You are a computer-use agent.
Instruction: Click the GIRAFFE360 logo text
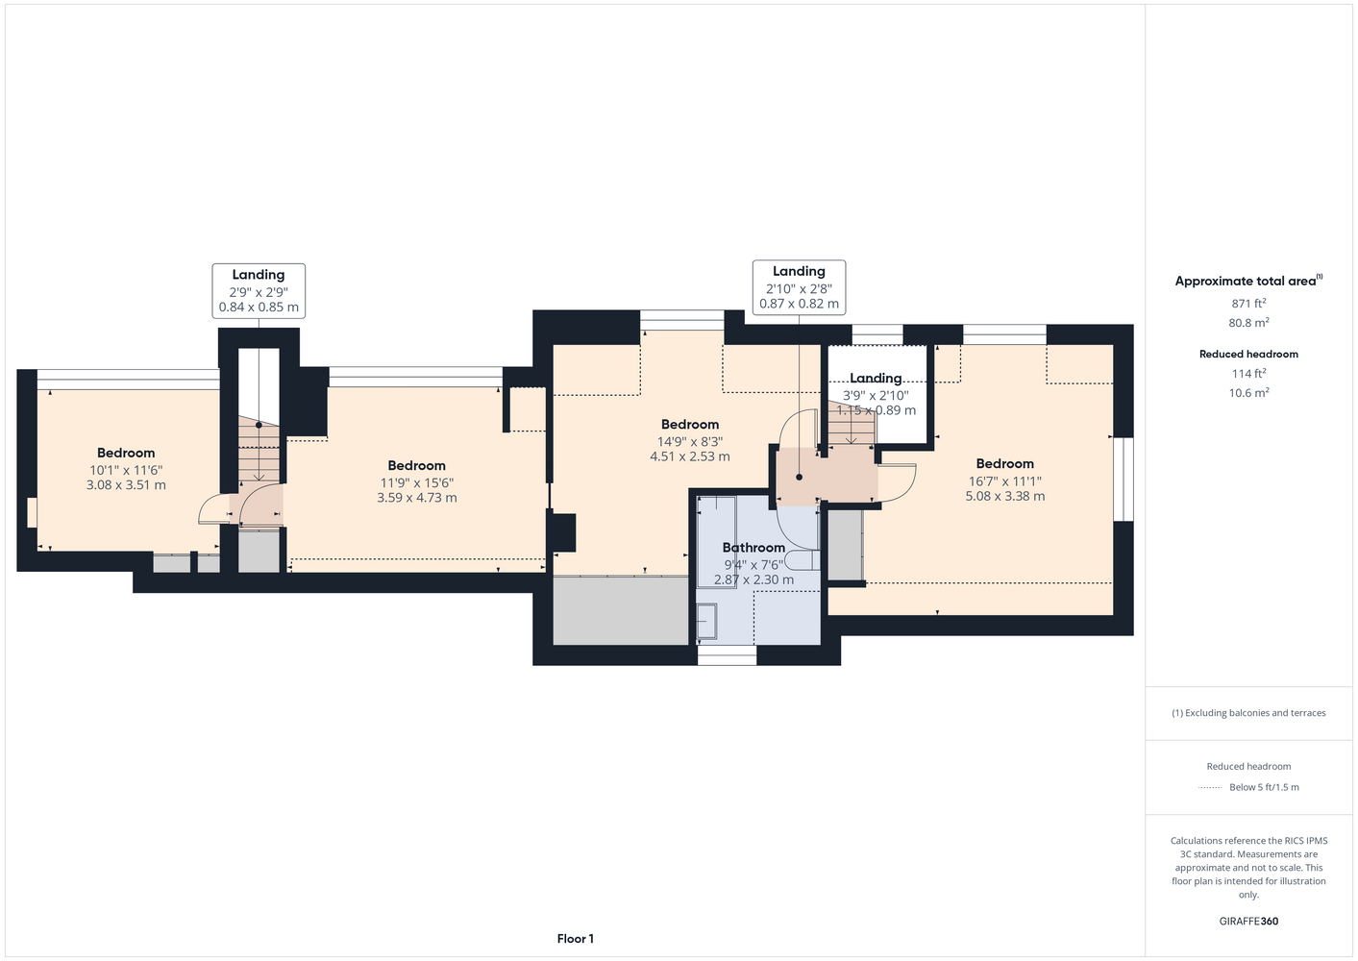[x=1248, y=921]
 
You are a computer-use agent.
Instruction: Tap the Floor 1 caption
[x=576, y=939]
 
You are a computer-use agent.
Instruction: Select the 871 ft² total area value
[x=1248, y=303]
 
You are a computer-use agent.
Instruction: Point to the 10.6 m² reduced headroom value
[x=1248, y=392]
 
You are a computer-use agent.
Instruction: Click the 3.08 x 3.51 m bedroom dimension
[x=126, y=485]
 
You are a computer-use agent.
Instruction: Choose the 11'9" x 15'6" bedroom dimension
[x=417, y=482]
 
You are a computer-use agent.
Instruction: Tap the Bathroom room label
[x=753, y=548]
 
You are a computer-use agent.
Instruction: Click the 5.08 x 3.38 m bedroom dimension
[x=1005, y=496]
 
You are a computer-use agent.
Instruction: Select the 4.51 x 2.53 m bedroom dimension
[x=690, y=456]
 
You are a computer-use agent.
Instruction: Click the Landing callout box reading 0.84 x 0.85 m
[x=259, y=291]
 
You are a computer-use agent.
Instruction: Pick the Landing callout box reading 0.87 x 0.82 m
[x=799, y=287]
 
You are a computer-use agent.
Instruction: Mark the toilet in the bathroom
[x=802, y=559]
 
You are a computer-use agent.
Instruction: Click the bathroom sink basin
[x=707, y=622]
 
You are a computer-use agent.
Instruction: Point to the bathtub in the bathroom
[x=717, y=542]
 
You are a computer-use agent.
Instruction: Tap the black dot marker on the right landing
[x=799, y=478]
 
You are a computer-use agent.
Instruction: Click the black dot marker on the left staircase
[x=259, y=425]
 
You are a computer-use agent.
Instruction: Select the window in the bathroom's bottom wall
[x=727, y=654]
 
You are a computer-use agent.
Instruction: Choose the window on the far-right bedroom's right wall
[x=1123, y=479]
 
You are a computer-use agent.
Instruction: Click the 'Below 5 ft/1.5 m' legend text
[x=1264, y=787]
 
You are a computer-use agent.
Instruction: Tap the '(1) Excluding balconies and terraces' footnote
[x=1248, y=713]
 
